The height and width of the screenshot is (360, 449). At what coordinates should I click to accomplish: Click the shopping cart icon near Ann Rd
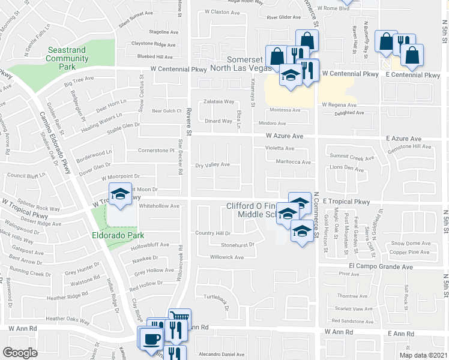179,319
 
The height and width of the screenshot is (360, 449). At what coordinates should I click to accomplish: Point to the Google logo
20,353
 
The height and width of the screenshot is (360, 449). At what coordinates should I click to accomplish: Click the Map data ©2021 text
424,355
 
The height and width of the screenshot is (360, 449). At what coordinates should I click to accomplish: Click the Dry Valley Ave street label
213,164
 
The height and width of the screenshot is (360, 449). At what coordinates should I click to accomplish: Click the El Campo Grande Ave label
381,265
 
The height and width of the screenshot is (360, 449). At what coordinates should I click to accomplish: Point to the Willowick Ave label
226,257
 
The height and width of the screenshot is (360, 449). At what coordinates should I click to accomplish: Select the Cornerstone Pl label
155,150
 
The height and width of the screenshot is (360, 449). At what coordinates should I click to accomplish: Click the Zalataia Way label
218,101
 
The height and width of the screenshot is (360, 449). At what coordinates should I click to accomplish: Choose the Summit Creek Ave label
352,158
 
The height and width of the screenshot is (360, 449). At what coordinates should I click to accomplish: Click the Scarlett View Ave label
355,309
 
